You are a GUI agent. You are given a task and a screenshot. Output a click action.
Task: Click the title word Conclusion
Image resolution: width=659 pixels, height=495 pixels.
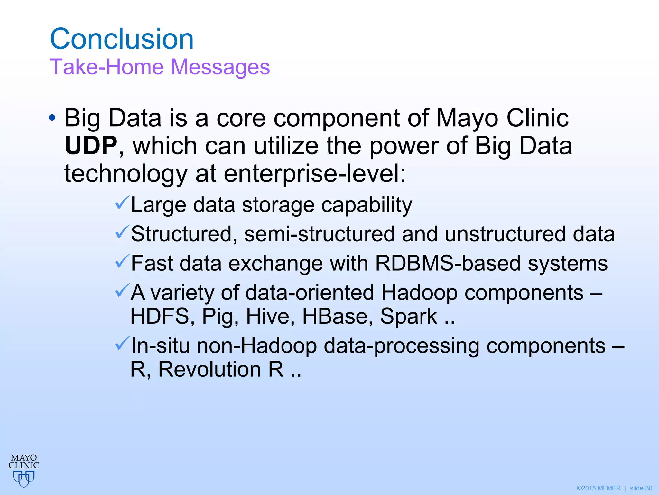pos(122,39)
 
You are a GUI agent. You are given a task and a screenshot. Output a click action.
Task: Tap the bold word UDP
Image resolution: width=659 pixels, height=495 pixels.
pos(91,146)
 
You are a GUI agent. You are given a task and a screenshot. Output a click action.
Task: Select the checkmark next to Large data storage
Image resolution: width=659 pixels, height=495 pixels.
pos(122,203)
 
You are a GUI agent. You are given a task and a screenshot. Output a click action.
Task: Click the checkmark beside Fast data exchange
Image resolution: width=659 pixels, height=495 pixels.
pos(122,261)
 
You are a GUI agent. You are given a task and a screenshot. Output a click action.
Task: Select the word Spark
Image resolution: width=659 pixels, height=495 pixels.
pos(408,316)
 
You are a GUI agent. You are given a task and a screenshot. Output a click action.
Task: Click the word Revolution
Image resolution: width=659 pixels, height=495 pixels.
pos(209,369)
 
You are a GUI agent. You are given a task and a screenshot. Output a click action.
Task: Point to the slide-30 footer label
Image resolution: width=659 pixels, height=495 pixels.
pos(641,488)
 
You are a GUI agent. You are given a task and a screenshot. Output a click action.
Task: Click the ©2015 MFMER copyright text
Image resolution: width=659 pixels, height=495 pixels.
pos(599,488)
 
